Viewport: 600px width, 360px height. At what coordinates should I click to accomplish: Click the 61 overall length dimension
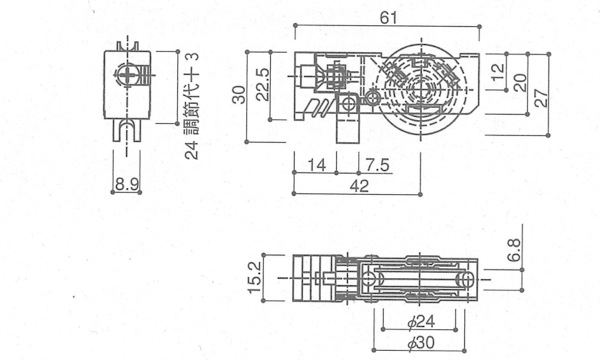(388, 18)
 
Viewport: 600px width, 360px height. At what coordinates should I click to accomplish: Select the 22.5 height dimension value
(263, 85)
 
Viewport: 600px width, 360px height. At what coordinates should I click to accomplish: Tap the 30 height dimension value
(240, 94)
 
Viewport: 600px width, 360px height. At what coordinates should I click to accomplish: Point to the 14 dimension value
(317, 165)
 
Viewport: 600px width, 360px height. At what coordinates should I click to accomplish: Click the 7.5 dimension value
(377, 165)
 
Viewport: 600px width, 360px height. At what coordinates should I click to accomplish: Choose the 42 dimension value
(359, 186)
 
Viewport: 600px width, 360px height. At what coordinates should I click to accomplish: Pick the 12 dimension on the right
(497, 72)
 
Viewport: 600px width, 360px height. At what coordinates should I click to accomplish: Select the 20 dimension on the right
(520, 83)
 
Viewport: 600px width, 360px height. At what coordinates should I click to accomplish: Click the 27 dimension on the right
(541, 98)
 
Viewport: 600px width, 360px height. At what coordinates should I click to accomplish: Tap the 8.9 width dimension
(127, 185)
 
